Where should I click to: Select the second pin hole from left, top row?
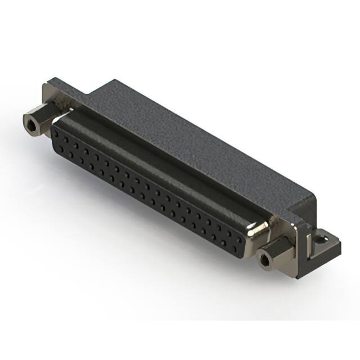tap(66, 133)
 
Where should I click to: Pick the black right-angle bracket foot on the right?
tap(321, 247)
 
